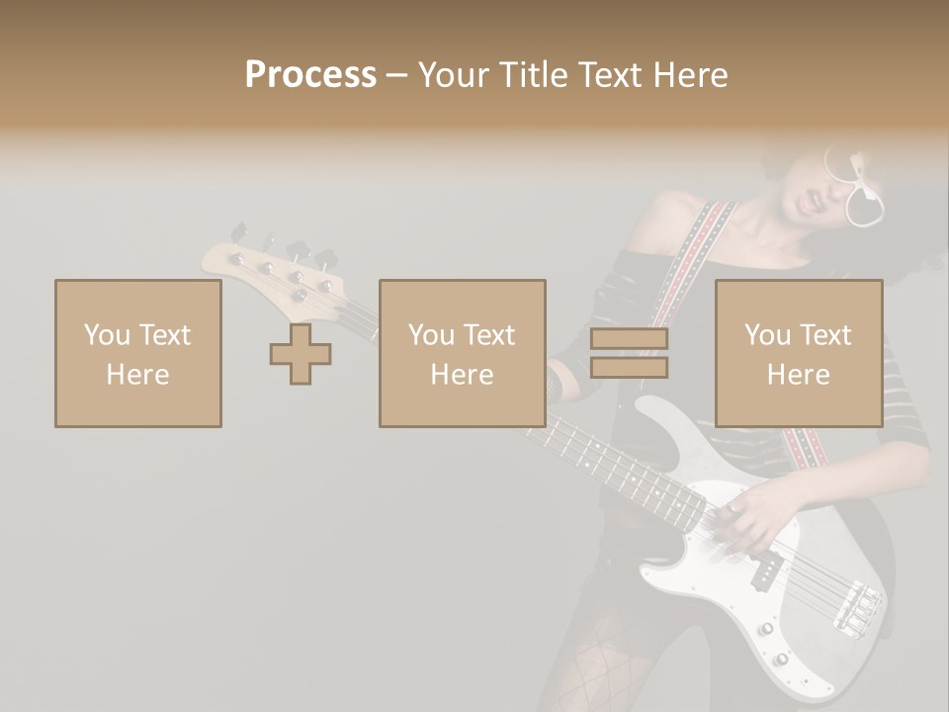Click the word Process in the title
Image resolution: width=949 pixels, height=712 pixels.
click(310, 75)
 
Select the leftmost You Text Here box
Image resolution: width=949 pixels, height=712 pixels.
click(137, 353)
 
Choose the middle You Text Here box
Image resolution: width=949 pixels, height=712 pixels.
click(462, 353)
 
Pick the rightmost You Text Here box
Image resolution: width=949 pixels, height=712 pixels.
click(798, 353)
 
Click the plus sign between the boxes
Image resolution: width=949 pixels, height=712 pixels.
click(301, 353)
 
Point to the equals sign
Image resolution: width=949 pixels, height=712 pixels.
click(629, 353)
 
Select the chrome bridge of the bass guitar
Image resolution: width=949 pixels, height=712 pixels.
click(856, 607)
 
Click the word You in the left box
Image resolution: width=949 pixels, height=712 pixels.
click(107, 335)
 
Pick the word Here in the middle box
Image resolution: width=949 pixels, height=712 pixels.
click(462, 374)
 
